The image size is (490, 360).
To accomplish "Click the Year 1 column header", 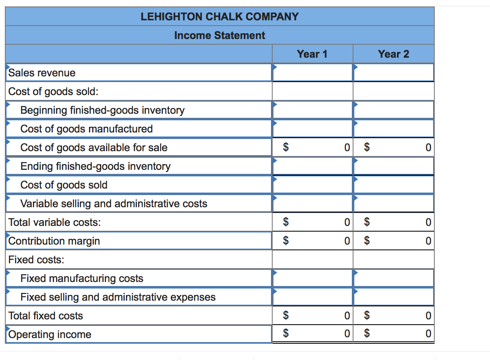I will tap(312, 54).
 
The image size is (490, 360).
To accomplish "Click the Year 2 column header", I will tap(393, 54).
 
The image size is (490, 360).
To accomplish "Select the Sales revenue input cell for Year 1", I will tap(312, 73).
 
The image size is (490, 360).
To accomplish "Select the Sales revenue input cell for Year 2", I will tap(393, 73).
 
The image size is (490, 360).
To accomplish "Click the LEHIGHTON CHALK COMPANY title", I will tap(219, 17).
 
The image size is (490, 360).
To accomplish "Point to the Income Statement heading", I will tap(219, 35).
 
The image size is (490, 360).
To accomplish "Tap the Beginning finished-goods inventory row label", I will tap(102, 110).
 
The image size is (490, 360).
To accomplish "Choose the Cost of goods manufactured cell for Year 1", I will tap(312, 129).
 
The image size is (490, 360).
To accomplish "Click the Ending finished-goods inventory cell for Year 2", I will tap(393, 166).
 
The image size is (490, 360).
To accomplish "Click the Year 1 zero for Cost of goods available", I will tap(347, 147).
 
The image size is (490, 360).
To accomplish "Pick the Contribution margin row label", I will tap(54, 241).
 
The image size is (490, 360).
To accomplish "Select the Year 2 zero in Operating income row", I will tap(428, 334).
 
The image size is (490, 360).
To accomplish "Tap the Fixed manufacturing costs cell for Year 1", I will tap(312, 278).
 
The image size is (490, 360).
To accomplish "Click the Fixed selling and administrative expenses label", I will tap(118, 297).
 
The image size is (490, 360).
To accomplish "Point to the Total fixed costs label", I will tap(46, 316).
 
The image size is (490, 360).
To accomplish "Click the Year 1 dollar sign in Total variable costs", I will tap(286, 222).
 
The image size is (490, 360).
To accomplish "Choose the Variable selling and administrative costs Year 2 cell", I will tap(393, 204).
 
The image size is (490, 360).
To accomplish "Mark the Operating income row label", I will tap(50, 334).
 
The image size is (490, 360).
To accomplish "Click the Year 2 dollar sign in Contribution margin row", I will tap(367, 241).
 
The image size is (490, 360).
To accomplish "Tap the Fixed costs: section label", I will tap(36, 260).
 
